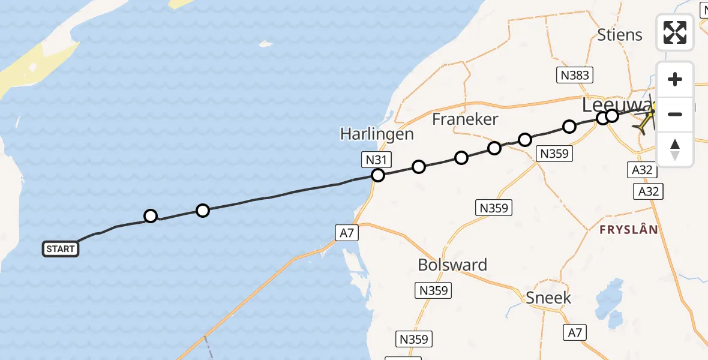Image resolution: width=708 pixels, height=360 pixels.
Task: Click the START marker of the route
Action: pyautogui.click(x=61, y=249)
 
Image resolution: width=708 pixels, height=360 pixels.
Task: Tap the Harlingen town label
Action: pyautogui.click(x=377, y=134)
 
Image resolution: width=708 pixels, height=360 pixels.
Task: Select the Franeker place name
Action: pyautogui.click(x=465, y=119)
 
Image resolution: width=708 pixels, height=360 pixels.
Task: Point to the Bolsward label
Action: pyautogui.click(x=452, y=265)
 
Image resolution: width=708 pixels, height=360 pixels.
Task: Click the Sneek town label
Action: pyautogui.click(x=548, y=298)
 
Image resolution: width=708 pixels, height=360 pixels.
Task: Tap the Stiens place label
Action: pyautogui.click(x=619, y=35)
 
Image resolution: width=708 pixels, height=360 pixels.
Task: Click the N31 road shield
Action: pyautogui.click(x=377, y=160)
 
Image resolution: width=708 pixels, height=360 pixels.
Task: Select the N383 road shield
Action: pyautogui.click(x=575, y=75)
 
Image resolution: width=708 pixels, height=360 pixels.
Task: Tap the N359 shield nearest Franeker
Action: pyautogui.click(x=554, y=154)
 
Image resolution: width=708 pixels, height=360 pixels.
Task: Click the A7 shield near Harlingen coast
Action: pyautogui.click(x=347, y=233)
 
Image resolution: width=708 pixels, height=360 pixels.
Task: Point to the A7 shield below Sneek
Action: pyautogui.click(x=575, y=331)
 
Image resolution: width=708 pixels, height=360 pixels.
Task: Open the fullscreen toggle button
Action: pyautogui.click(x=674, y=32)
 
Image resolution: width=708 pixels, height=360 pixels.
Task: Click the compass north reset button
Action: pyautogui.click(x=674, y=149)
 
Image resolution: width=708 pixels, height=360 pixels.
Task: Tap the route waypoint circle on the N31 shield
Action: pyautogui.click(x=378, y=175)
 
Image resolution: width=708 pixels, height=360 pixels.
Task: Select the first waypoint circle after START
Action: pyautogui.click(x=151, y=216)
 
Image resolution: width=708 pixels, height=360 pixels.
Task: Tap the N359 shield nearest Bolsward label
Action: pyautogui.click(x=434, y=290)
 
